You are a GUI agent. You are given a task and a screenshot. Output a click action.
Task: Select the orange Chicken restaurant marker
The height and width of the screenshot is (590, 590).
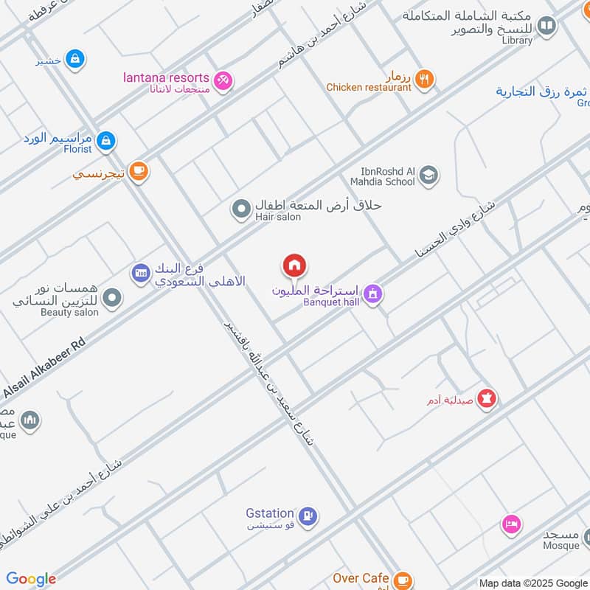point(423,79)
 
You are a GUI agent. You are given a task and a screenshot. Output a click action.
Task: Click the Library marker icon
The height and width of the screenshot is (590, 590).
point(546,27)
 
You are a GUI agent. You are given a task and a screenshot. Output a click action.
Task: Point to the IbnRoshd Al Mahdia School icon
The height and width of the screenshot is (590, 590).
point(428,176)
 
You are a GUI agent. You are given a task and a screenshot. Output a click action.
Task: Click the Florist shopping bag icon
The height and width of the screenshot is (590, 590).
point(106,139)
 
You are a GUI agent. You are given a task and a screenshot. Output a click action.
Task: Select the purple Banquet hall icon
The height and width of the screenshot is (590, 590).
point(374,294)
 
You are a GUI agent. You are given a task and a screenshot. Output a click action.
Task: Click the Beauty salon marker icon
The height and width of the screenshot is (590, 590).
point(112,298)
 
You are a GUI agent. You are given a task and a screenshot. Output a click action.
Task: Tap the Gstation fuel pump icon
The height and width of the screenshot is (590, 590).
point(309,515)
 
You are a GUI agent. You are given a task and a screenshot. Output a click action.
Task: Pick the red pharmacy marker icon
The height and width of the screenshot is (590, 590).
point(487,399)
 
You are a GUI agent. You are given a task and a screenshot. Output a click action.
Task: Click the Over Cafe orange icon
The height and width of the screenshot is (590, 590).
point(402,579)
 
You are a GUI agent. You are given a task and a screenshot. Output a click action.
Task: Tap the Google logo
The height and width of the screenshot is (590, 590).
point(31,579)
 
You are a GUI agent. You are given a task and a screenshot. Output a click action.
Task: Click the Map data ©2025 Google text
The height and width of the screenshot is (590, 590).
point(532,583)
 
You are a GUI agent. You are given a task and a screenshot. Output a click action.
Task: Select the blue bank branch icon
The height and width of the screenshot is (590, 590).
point(140,274)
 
